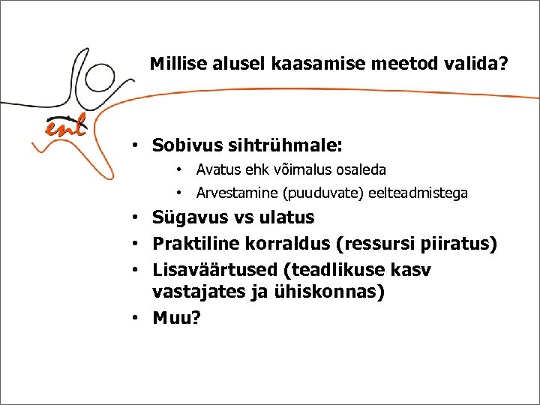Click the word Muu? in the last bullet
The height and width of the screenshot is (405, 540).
pos(176,318)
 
